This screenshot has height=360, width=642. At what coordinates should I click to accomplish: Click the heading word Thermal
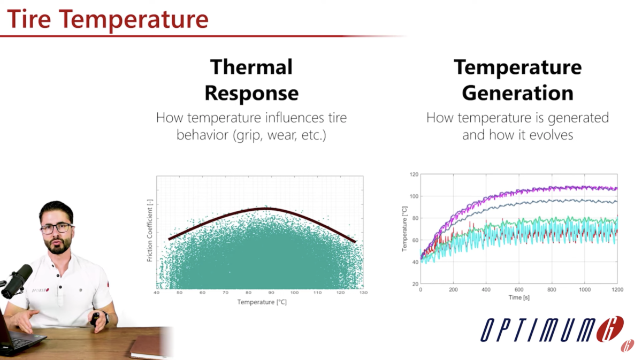[x=251, y=67]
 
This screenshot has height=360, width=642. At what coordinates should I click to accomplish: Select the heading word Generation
[x=517, y=93]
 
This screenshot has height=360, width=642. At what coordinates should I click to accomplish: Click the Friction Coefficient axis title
[x=150, y=231]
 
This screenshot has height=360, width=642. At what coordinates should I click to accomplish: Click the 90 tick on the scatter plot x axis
[x=271, y=293]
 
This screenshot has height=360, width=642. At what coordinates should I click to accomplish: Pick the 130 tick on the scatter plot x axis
[x=363, y=293]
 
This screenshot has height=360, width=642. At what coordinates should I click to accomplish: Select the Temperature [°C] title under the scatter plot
[x=262, y=302]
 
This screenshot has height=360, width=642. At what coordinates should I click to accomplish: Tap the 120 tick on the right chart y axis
[x=413, y=174]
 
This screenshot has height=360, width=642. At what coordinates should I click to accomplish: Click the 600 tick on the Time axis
[x=519, y=289]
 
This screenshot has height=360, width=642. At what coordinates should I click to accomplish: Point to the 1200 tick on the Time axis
[x=617, y=289]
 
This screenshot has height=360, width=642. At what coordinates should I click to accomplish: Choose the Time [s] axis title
[x=518, y=297]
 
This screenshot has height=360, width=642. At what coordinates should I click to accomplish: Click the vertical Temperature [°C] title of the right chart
[x=405, y=229]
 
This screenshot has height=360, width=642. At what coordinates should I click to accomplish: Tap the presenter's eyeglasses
[x=56, y=228]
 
